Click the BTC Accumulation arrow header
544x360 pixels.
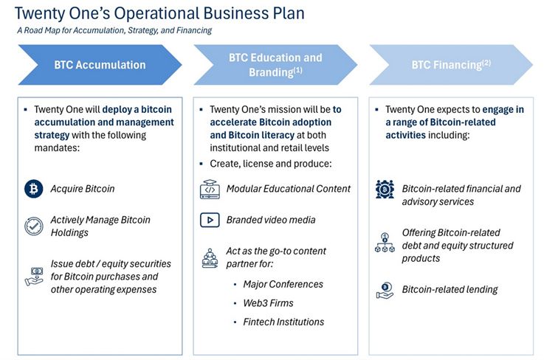click(x=100, y=65)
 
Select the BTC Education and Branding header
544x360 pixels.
click(x=275, y=64)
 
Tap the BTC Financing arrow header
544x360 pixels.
click(x=451, y=65)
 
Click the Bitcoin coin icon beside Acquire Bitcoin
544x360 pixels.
click(x=33, y=189)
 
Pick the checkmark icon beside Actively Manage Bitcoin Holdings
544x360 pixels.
click(x=33, y=226)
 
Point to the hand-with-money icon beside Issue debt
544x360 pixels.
click(x=33, y=276)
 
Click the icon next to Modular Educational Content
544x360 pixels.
click(x=210, y=189)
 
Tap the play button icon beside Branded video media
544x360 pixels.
click(x=210, y=220)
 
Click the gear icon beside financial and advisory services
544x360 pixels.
click(x=385, y=189)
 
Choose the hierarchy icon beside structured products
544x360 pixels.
click(x=385, y=245)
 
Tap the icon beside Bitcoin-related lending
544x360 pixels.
click(x=385, y=290)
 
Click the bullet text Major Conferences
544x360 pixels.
click(x=283, y=284)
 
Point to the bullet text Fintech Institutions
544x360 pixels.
click(x=283, y=322)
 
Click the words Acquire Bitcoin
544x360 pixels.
click(x=83, y=189)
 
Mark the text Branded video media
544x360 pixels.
click(x=271, y=220)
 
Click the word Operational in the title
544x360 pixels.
click(x=145, y=13)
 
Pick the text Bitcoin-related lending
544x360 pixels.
click(x=450, y=290)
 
